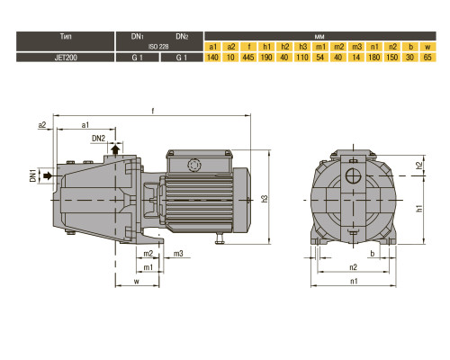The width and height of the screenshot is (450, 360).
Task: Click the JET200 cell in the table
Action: tap(66, 58)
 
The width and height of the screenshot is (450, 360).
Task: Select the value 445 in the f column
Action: tap(248, 58)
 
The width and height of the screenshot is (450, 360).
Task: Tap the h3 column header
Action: tap(302, 47)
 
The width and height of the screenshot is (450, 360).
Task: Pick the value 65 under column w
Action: tap(427, 58)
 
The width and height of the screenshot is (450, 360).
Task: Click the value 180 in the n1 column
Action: tap(374, 58)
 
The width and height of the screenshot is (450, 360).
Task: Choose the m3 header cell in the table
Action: tap(356, 47)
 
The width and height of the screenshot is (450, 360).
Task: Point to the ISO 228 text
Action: tap(158, 47)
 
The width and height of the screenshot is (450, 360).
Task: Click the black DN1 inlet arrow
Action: tap(48, 175)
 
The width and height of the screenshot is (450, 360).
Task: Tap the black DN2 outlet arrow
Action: tap(115, 149)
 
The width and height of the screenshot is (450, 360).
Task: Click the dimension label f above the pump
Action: tap(153, 111)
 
